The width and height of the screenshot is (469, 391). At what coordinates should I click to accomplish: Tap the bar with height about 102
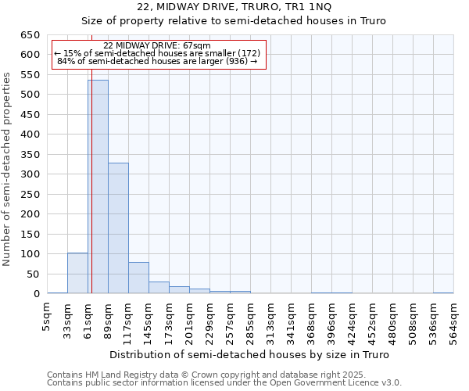(77, 273)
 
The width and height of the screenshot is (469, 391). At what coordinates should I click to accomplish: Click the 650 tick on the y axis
(30, 35)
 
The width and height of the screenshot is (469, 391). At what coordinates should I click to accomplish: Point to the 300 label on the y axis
(30, 174)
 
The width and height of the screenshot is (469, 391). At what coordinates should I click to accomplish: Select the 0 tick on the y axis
(36, 294)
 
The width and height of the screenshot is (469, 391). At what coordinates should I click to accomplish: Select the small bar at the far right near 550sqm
(443, 292)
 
